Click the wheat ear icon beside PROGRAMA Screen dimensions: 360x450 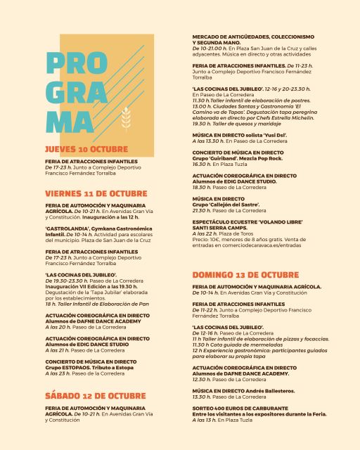(x=127, y=120)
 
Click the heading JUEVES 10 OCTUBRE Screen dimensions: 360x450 (x=86, y=150)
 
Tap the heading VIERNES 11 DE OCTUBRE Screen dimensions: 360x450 (x=96, y=193)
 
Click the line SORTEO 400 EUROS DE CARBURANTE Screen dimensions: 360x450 (x=240, y=408)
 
